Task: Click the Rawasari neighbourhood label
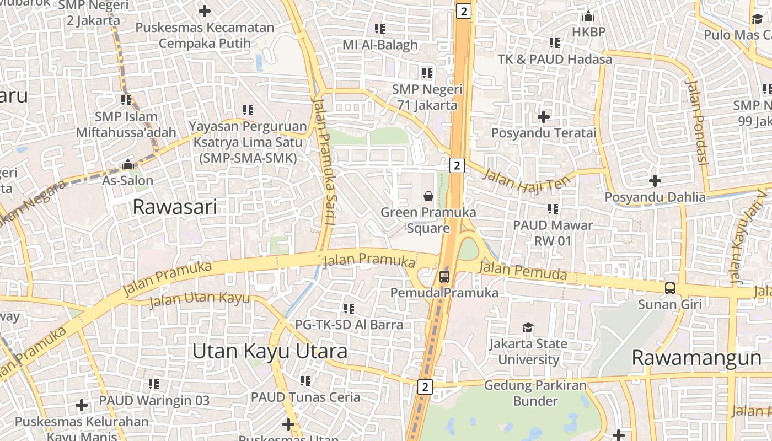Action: coord(175,207)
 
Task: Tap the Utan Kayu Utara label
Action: coord(270,351)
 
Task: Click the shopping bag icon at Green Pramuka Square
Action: coord(428,196)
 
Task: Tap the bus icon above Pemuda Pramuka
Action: coord(444,276)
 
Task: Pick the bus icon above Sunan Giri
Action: coord(669,288)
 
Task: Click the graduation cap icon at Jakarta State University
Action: coord(528,327)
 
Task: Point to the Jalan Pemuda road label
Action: coord(523,271)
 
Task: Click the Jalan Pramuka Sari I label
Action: coord(324,161)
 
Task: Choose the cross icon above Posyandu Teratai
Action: coord(544,116)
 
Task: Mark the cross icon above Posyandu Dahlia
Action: coord(655,180)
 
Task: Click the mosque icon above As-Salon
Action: coord(128,164)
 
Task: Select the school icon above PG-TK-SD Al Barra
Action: coord(349,308)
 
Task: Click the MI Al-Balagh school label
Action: coord(380,45)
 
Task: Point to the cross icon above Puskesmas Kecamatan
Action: coord(205,10)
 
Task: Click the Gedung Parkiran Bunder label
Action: coord(535,393)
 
